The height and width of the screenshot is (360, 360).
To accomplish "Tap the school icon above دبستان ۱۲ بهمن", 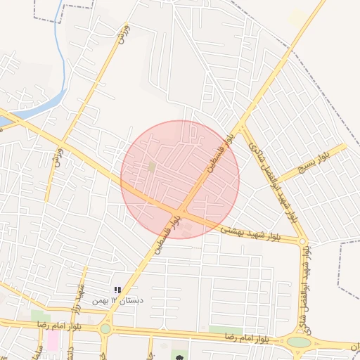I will point(117,290).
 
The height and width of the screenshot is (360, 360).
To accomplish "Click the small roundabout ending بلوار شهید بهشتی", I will point(303,242).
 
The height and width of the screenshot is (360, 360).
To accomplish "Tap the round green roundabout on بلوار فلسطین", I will point(105,328).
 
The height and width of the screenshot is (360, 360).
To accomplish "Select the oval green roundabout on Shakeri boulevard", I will point(298,342).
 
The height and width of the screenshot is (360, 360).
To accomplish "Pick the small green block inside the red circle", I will point(152,167).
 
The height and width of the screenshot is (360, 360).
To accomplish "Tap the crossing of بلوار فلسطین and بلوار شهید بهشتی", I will point(181,212).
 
